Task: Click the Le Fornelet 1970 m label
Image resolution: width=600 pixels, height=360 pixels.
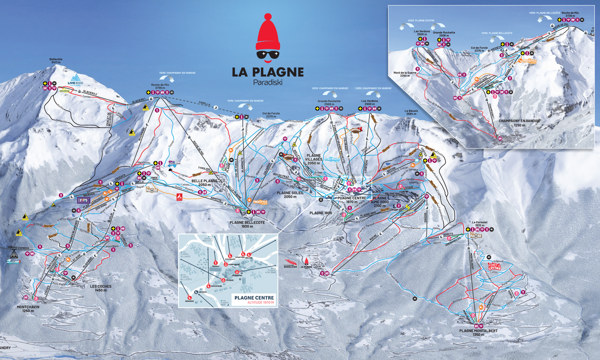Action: click(x=479, y=223)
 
